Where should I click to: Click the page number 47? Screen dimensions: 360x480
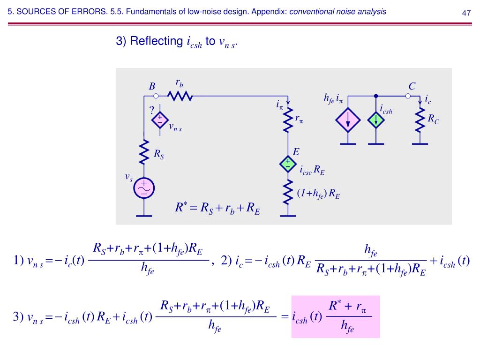466,13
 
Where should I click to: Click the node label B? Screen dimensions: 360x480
152,86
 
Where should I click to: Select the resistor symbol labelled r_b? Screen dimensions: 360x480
180,96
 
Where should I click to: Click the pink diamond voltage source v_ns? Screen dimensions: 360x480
160,120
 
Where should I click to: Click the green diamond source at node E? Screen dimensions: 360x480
287,164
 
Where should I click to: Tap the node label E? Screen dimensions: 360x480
296,152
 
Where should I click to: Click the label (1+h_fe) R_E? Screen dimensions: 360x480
318,194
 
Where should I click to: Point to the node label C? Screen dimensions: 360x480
412,86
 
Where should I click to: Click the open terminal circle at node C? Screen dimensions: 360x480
408,96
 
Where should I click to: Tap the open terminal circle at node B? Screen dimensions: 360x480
156,96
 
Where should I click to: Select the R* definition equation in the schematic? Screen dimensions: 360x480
217,207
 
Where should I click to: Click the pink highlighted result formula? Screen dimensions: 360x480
335,316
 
